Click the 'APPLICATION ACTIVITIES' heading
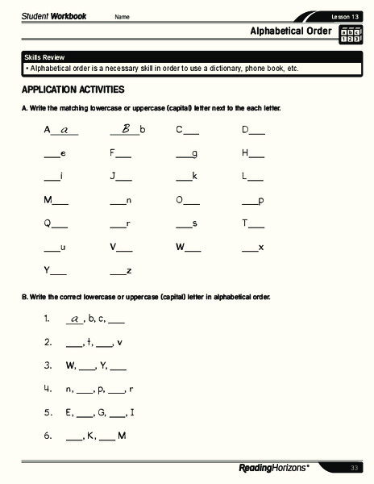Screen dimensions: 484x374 click(73, 89)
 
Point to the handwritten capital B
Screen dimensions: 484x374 click(126, 128)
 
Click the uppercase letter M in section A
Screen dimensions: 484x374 click(48, 199)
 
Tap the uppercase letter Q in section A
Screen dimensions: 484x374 click(48, 223)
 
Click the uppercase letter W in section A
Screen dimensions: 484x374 click(181, 246)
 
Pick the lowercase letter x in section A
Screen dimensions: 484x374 click(261, 246)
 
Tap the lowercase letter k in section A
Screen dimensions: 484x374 click(194, 176)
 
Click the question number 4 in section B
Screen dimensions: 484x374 click(48, 389)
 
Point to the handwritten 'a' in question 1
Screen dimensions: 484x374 click(75, 318)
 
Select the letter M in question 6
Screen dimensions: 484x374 click(122, 436)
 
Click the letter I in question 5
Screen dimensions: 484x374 click(132, 412)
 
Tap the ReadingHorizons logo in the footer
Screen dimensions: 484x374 click(274, 468)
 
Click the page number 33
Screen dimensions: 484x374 click(354, 468)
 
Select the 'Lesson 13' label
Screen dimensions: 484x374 click(345, 17)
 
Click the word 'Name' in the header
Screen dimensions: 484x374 click(122, 17)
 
